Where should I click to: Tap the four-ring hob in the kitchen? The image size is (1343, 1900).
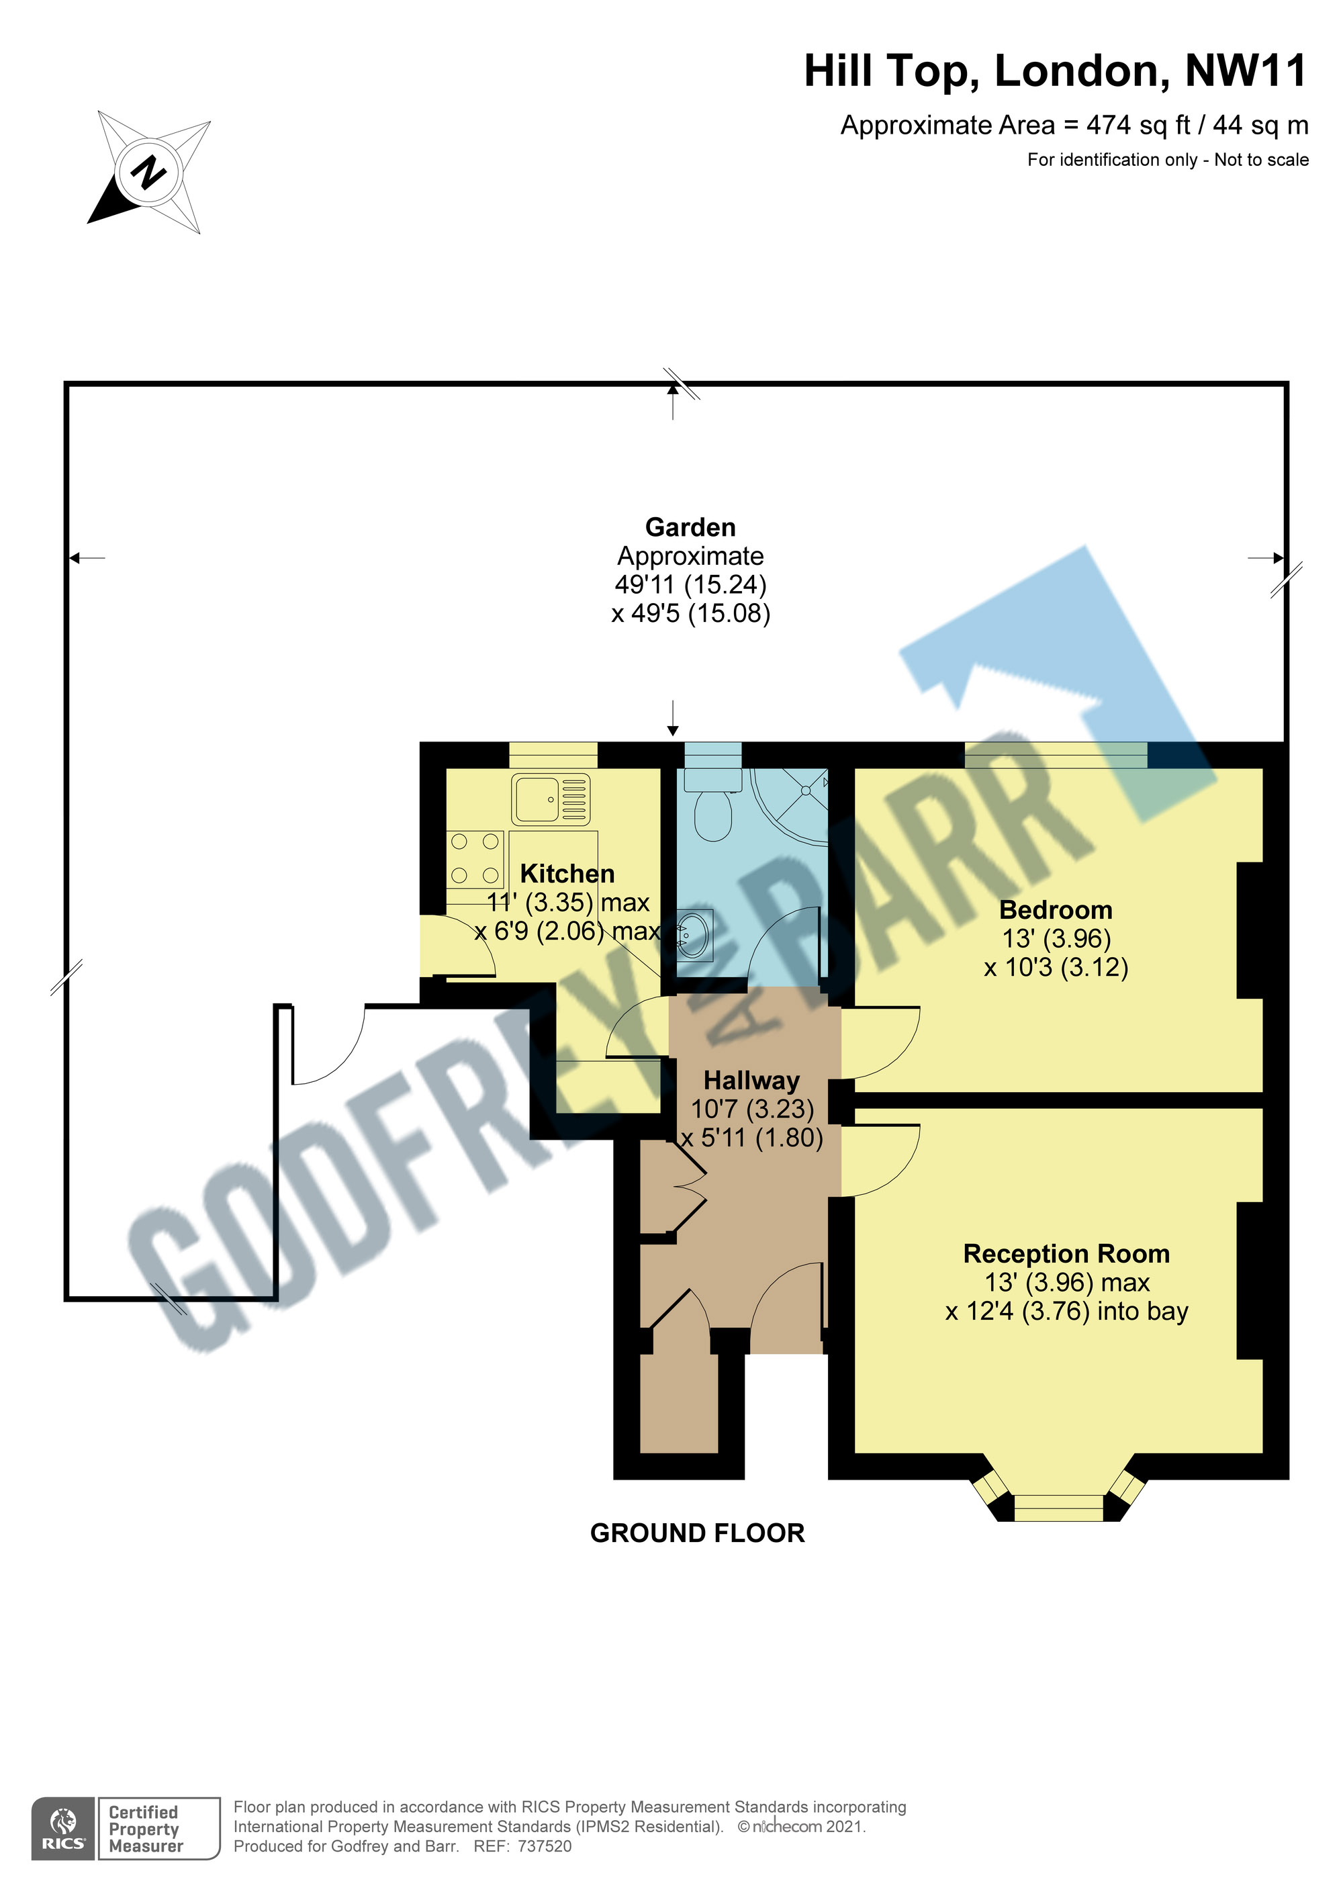point(475,858)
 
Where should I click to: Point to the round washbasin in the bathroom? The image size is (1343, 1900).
point(694,935)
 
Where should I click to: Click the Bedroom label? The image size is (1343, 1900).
point(1055,909)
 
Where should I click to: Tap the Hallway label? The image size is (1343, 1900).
point(751,1080)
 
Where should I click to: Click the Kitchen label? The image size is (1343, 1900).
point(567,873)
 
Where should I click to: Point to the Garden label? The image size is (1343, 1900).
point(690,527)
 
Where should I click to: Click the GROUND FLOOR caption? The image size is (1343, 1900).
point(697,1533)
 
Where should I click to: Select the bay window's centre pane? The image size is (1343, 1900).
point(1058,1508)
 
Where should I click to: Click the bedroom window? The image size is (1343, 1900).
point(1056,755)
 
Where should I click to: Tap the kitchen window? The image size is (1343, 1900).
point(553,755)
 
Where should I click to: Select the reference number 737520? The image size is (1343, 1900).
point(545,1869)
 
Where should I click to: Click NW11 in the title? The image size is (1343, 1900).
point(1246,71)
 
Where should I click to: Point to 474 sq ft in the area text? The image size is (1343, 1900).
point(1137,126)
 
